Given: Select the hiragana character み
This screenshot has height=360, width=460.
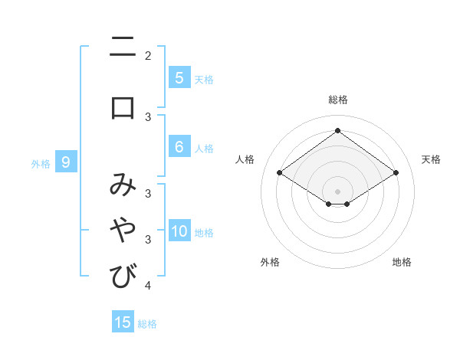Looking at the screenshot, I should click(x=123, y=185).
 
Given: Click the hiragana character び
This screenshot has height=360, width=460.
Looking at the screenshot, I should click(x=123, y=276).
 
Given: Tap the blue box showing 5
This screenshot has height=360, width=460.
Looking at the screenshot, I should click(x=179, y=78).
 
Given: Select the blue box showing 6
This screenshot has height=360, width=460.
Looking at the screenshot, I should click(x=179, y=147).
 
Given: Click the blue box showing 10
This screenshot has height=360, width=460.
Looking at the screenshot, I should click(x=179, y=231).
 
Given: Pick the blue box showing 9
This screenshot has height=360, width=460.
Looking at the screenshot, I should click(x=66, y=162).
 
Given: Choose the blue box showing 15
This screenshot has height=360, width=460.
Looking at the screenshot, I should click(x=123, y=322).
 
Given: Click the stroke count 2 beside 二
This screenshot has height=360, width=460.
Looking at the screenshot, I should click(x=148, y=55).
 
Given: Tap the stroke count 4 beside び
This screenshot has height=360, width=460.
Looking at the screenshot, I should click(x=148, y=286).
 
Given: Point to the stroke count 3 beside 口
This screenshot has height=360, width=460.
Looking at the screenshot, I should click(x=148, y=116).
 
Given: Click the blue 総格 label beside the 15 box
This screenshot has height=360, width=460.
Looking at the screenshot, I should click(x=148, y=324).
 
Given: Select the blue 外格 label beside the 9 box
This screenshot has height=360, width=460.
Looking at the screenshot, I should click(x=41, y=163).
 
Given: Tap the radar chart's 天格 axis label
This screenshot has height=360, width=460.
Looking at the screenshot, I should click(x=432, y=159).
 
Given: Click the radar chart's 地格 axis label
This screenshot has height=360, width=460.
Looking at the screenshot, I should click(x=402, y=262).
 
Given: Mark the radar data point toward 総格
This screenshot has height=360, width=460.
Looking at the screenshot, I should click(x=337, y=130).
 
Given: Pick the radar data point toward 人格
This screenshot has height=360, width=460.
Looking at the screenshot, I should click(x=280, y=173).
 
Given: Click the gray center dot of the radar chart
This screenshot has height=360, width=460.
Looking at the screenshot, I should click(x=337, y=191).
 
